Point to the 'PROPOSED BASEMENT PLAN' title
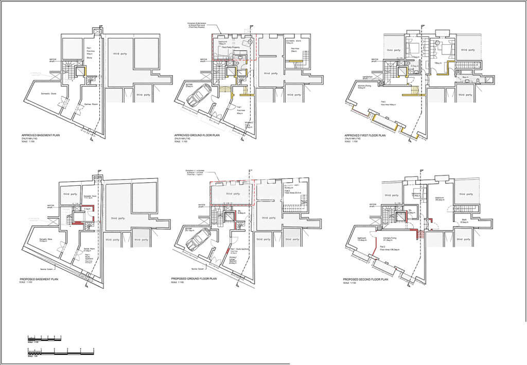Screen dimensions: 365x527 (40, 279)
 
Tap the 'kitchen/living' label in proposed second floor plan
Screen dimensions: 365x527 (390, 238)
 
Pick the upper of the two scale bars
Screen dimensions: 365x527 (44, 339)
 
